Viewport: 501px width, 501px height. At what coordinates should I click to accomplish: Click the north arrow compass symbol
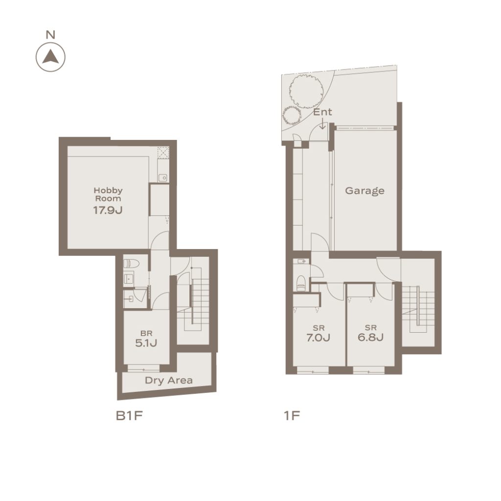pyautogui.click(x=50, y=57)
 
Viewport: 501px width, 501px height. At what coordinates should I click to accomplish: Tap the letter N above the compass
pyautogui.click(x=50, y=35)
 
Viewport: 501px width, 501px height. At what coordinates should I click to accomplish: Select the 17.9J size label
pyautogui.click(x=108, y=210)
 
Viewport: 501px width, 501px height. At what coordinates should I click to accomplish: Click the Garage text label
pyautogui.click(x=364, y=191)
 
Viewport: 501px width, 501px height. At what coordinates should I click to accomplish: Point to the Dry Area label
pyautogui.click(x=169, y=380)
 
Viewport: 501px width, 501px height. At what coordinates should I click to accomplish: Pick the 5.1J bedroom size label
pyautogui.click(x=146, y=343)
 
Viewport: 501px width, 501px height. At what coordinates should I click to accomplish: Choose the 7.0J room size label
pyautogui.click(x=318, y=338)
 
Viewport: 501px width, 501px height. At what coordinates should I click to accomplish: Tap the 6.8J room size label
pyautogui.click(x=371, y=338)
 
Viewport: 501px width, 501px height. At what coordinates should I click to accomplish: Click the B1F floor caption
pyautogui.click(x=129, y=416)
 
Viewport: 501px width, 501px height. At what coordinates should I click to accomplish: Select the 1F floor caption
pyautogui.click(x=292, y=416)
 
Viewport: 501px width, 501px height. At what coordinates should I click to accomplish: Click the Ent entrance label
pyautogui.click(x=322, y=112)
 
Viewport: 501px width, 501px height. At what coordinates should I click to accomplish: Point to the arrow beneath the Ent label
pyautogui.click(x=323, y=124)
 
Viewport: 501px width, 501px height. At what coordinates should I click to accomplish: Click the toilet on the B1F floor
pyautogui.click(x=132, y=264)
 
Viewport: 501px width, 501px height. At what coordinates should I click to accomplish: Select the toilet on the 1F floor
pyautogui.click(x=301, y=283)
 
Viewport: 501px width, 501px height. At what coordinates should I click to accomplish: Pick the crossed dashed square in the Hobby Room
pyautogui.click(x=163, y=152)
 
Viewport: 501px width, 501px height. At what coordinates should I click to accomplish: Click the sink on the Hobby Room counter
pyautogui.click(x=163, y=178)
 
